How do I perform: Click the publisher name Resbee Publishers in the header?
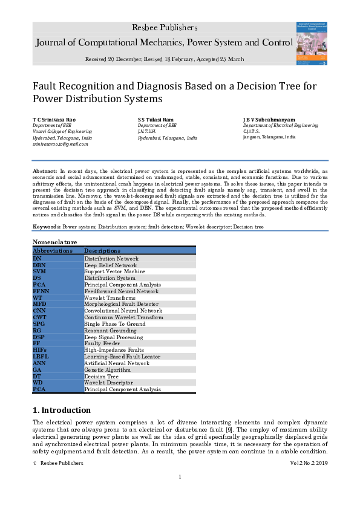click(x=165, y=28)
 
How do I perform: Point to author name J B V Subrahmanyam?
click(x=269, y=120)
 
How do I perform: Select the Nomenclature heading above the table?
click(x=55, y=242)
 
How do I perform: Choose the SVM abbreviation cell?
click(x=39, y=271)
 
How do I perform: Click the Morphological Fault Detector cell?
click(x=121, y=304)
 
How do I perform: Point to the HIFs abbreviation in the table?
click(x=41, y=350)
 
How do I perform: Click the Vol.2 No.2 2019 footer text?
click(x=309, y=463)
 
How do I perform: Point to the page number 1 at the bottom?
click(x=180, y=478)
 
